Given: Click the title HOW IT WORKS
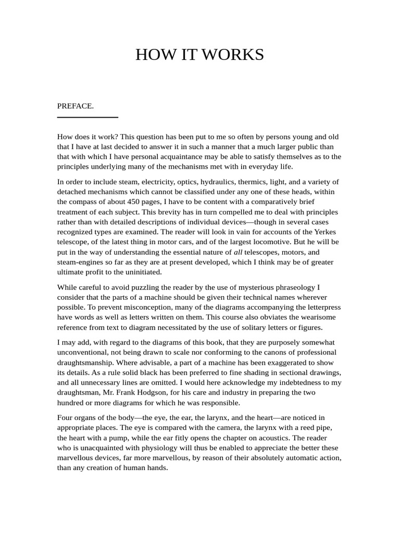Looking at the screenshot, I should click(x=199, y=55).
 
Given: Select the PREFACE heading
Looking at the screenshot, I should click(x=75, y=106).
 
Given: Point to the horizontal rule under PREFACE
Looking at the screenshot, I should click(x=87, y=118).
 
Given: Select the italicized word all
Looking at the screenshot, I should click(x=238, y=252).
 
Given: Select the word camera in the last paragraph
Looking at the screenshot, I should click(x=211, y=427).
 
